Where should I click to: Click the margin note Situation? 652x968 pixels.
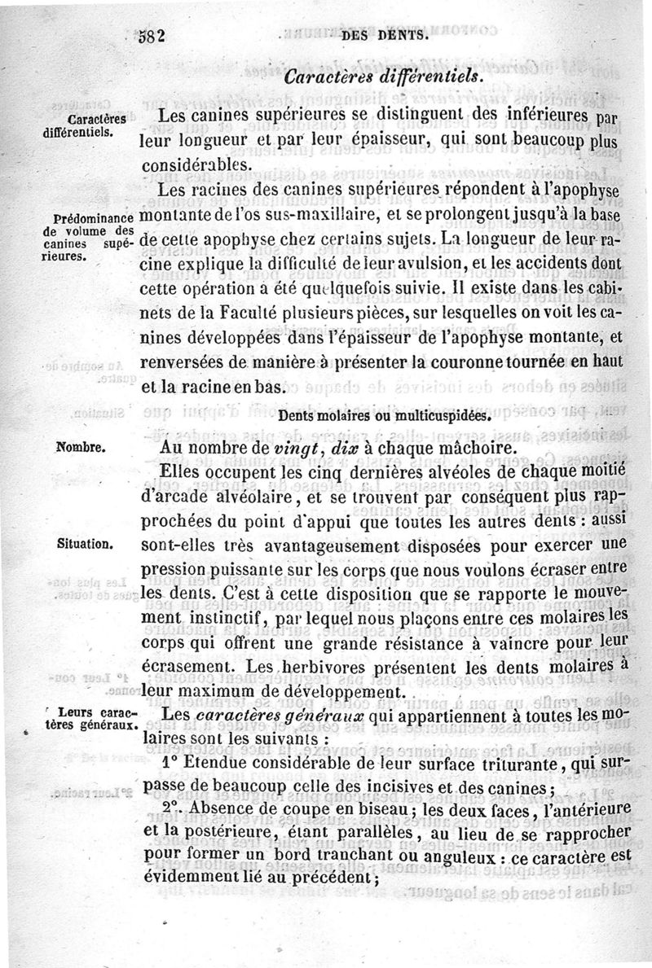[85, 543]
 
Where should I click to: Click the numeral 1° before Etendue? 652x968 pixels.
[172, 764]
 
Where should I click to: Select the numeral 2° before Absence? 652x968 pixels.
[174, 808]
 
